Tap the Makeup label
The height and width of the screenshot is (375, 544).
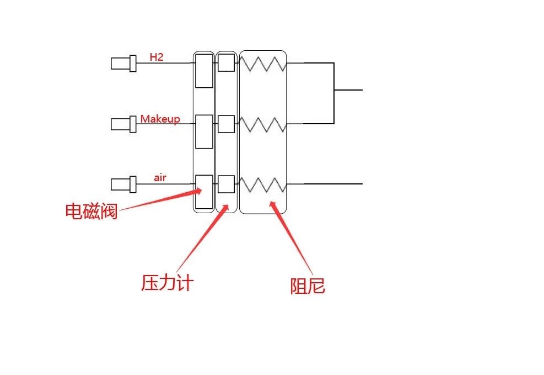tap(160, 119)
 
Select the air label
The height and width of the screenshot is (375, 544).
tap(160, 178)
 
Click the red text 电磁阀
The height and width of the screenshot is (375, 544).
tap(91, 211)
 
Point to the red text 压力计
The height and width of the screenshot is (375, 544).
tap(168, 283)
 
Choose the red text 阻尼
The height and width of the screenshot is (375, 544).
tap(308, 286)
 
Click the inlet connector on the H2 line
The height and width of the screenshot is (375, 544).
tap(123, 64)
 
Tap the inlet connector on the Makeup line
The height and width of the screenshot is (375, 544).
tap(123, 124)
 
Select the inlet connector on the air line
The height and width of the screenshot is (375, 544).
tap(123, 184)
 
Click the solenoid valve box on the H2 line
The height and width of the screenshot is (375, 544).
tap(204, 70)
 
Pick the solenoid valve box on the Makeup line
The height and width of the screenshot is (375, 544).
tap(204, 131)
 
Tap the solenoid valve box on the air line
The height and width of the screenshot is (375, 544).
tap(204, 192)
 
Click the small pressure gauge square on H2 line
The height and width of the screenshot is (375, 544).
tap(225, 63)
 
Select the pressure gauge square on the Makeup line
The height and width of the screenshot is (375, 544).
tap(225, 124)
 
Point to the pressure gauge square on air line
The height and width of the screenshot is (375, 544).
tap(225, 184)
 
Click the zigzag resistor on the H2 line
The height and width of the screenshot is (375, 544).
tap(262, 64)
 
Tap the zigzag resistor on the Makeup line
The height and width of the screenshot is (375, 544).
tap(262, 125)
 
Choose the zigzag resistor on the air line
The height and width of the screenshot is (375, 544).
tap(262, 184)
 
